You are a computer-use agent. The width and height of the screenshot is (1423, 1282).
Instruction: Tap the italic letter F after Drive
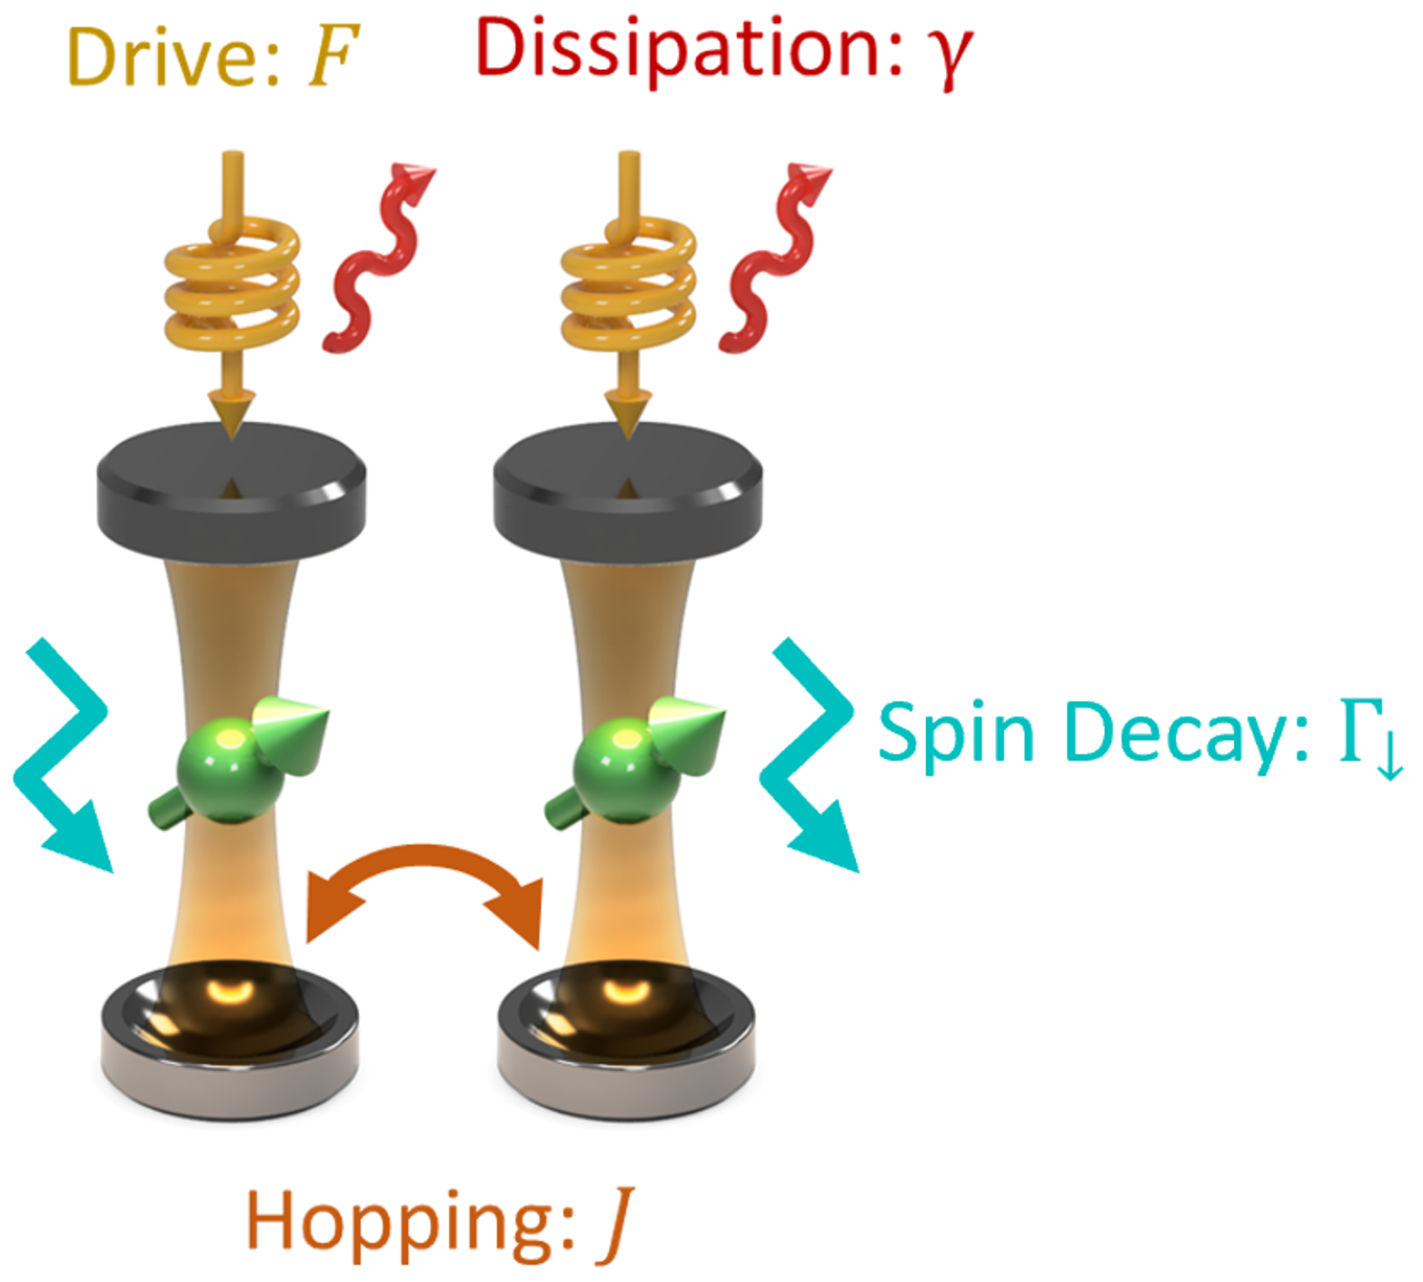[x=333, y=56]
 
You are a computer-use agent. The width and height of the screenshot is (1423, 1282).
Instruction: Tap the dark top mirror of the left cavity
[x=232, y=491]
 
